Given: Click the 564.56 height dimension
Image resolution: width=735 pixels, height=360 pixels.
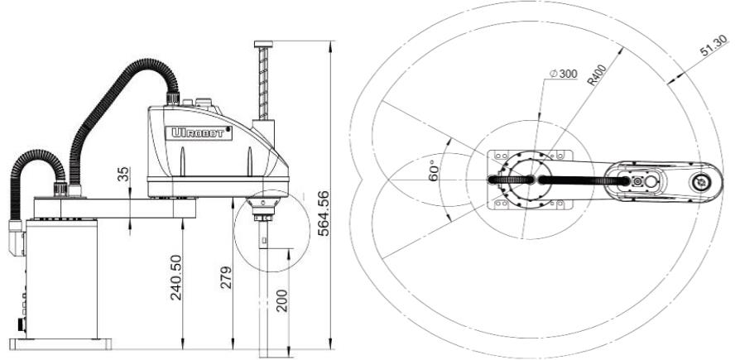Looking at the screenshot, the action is pos(324,214).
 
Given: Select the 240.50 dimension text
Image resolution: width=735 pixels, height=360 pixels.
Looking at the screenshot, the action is pos(175,277).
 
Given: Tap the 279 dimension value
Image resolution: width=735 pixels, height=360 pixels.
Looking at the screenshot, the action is pos(227,277).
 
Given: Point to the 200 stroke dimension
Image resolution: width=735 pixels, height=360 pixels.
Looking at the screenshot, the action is pos(281,300).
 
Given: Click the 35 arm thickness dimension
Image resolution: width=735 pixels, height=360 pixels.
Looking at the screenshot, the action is pos(122,175).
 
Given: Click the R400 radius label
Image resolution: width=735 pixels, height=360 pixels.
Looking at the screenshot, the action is pos(598,75).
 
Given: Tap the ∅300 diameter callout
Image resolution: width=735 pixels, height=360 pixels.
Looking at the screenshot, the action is pos(563,74).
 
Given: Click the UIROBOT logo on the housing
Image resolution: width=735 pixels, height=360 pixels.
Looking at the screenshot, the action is pos(199,133).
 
